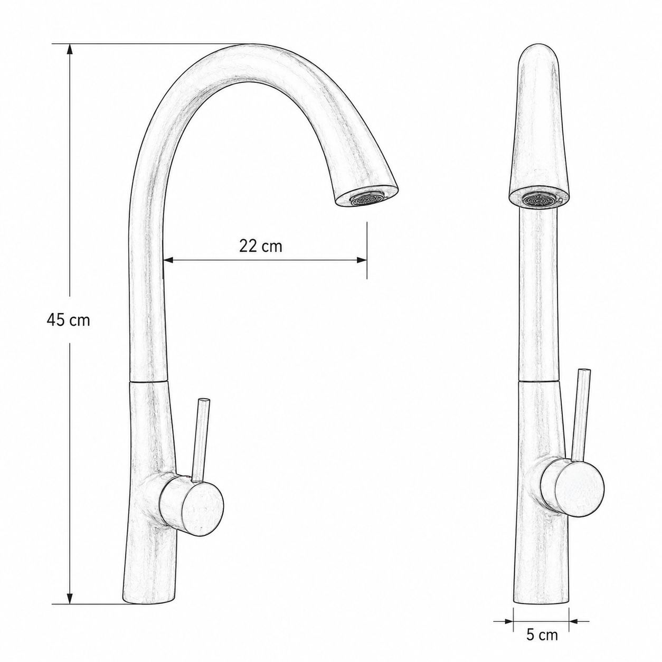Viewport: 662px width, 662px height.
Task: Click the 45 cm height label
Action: click(x=68, y=320)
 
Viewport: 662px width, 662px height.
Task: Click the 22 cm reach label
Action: click(x=260, y=246)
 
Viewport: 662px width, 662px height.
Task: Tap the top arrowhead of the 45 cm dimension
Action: click(x=70, y=50)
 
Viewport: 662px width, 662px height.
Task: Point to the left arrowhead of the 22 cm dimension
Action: click(x=169, y=260)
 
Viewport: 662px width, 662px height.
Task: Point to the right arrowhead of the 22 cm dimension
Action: click(x=362, y=260)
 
